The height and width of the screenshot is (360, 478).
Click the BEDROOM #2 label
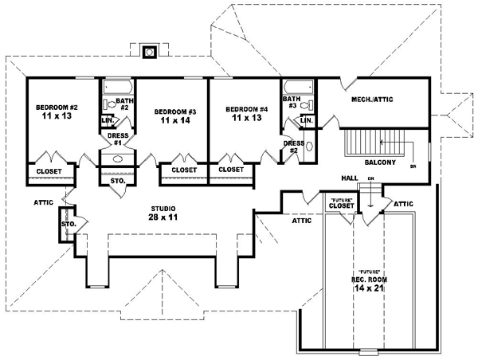[53, 106]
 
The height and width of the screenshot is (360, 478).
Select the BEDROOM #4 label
[244, 108]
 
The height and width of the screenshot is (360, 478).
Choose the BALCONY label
[380, 162]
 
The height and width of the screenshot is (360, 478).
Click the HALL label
[350, 178]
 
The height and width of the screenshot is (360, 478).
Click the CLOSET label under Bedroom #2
[50, 170]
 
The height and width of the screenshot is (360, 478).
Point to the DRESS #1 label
[118, 139]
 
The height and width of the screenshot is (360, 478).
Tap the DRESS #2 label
[291, 147]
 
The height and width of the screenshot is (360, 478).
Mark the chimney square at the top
[148, 53]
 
